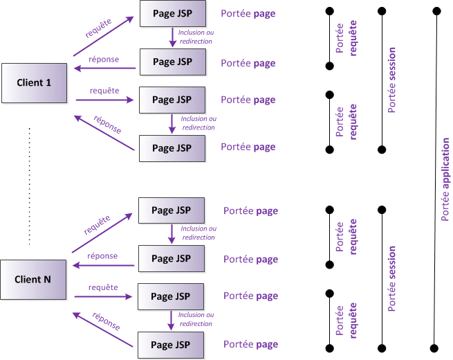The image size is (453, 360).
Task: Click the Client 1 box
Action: pos(34,83)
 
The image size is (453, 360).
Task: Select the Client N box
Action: pos(33,280)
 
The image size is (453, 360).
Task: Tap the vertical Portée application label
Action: pos(446,180)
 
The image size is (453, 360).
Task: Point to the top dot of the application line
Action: pos(436,11)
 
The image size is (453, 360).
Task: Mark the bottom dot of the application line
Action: pos(435,348)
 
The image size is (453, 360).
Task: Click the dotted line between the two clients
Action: pos(29,186)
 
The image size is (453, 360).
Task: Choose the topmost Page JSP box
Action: pos(172,13)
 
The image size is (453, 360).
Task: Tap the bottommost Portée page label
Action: pos(250,344)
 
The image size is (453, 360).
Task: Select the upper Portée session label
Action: pos(392,80)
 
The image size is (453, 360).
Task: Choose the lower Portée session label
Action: pos(392,278)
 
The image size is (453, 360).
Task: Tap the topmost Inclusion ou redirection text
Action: pos(195,36)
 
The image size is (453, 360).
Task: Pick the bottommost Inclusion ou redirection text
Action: pos(195,319)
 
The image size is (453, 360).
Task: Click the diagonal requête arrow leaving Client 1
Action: pos(102,36)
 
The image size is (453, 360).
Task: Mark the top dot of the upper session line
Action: pos(382,11)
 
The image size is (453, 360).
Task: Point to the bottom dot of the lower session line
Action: pos(382,348)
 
